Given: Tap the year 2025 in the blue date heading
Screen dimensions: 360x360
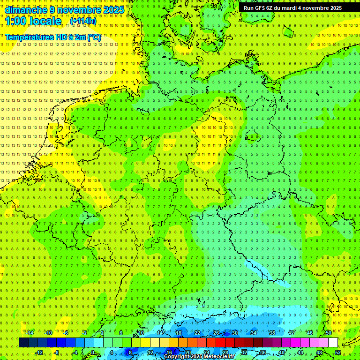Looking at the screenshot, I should [x=113, y=10].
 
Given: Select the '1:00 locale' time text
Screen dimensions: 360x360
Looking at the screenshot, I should [x=34, y=21].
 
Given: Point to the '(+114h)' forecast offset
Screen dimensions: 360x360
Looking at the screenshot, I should [x=83, y=21].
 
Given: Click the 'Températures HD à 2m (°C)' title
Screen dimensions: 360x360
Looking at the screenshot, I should [x=53, y=37].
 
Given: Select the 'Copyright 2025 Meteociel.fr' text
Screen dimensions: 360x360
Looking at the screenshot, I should [x=199, y=357].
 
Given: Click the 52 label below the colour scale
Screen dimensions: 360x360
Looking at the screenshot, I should [x=338, y=352].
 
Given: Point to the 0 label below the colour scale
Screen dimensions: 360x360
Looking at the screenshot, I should [x=93, y=352].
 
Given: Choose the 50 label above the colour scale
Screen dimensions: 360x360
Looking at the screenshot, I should [x=329, y=333].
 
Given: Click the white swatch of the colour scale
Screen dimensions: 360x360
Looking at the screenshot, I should [x=333, y=343].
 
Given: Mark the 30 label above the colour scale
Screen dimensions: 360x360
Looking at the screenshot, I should [x=234, y=333].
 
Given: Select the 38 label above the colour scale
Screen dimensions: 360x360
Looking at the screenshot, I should [x=272, y=333].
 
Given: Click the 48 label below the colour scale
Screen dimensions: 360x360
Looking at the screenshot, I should [x=319, y=352].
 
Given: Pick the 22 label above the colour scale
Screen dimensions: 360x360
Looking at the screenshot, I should [x=197, y=333].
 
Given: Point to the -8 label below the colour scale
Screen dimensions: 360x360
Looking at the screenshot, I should [x=57, y=352].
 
